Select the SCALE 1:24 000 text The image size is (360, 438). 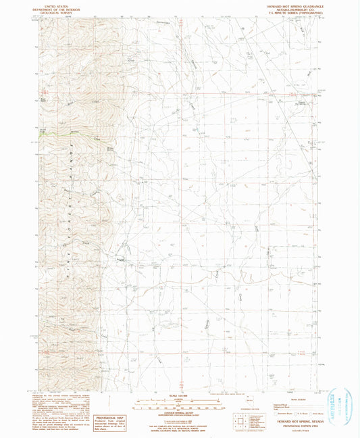(180, 397)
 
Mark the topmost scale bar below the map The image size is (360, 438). (180, 401)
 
